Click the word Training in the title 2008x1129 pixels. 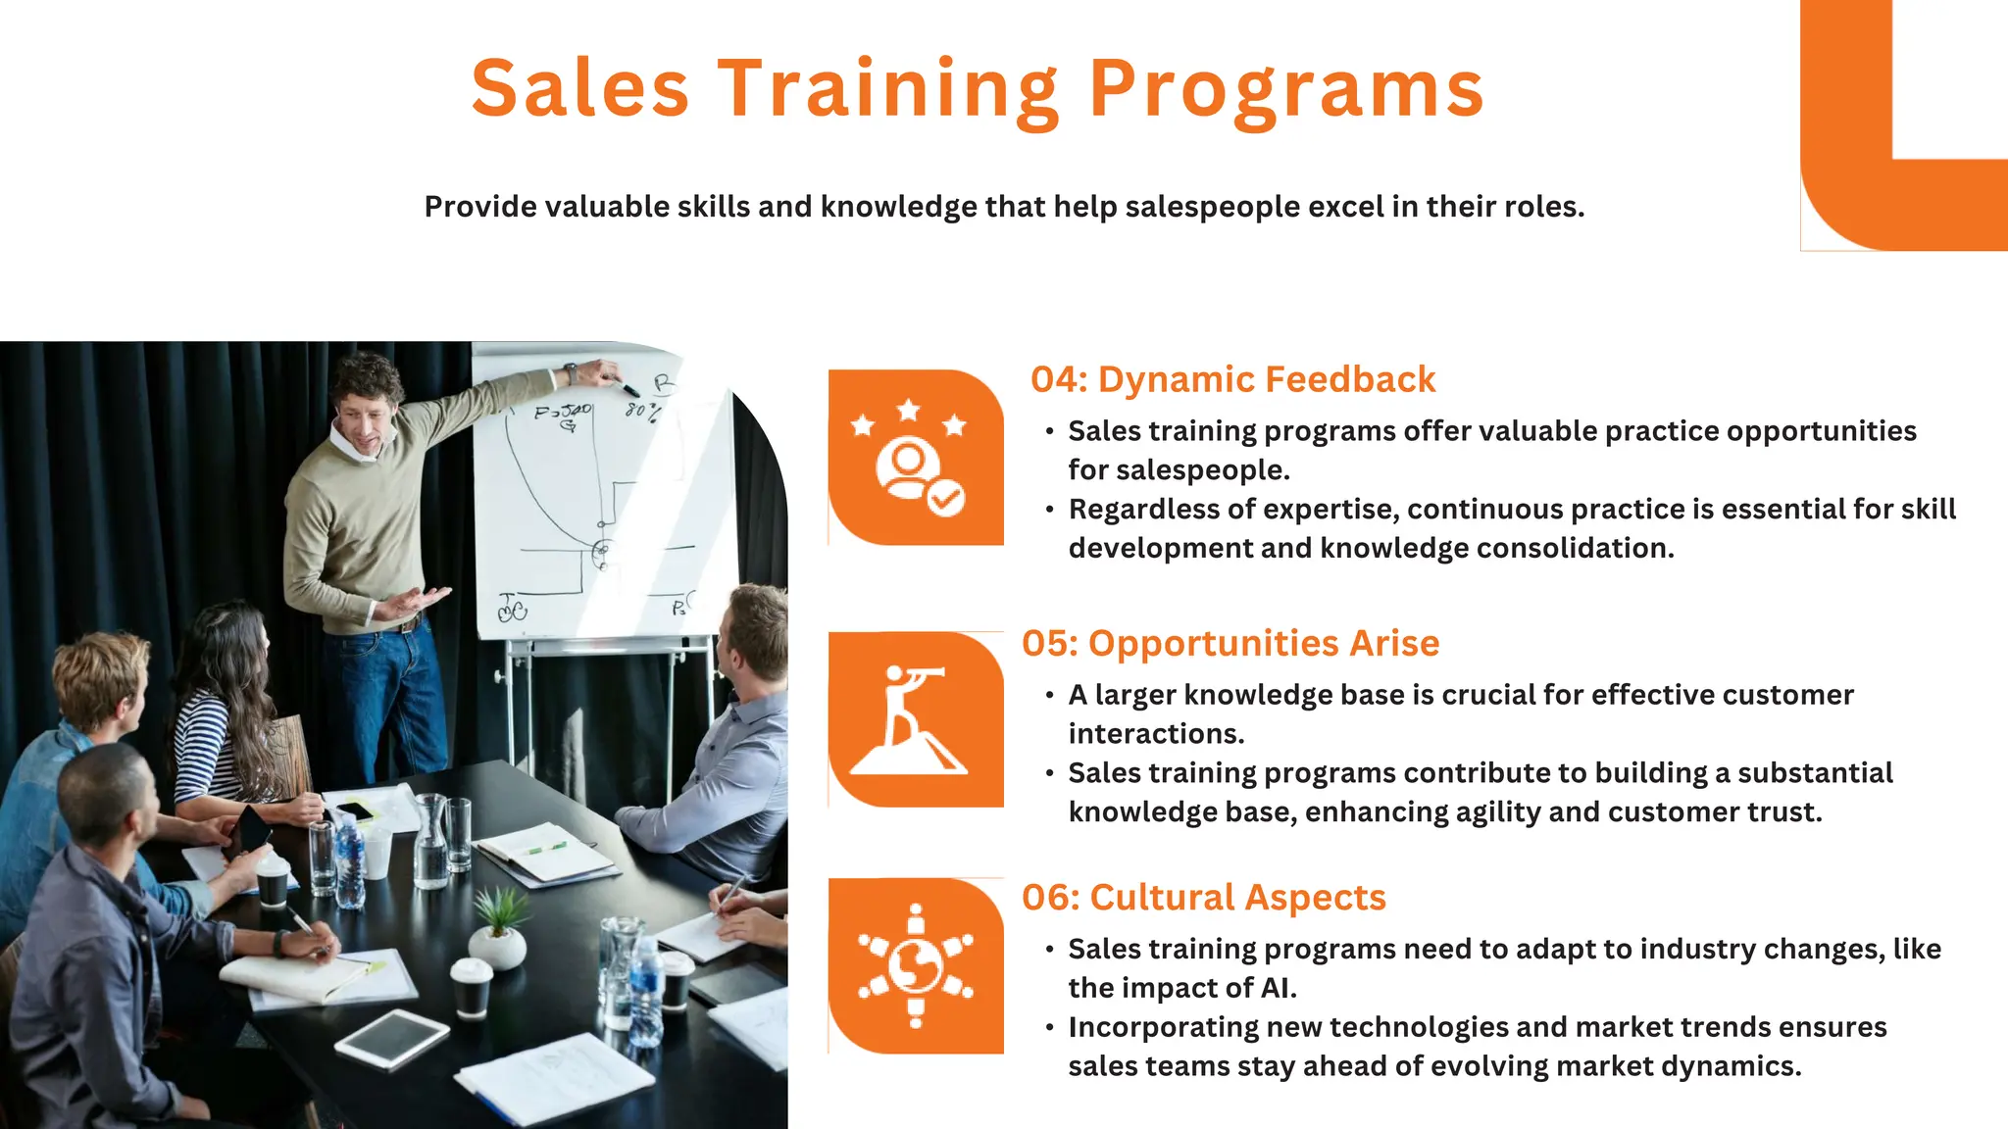pos(888,90)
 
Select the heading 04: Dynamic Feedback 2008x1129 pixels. pos(1232,379)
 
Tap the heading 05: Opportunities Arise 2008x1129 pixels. pos(1230,643)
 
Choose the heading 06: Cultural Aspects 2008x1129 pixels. pos(1203,897)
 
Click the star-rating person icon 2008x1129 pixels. pos(915,457)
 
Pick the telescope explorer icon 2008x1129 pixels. pos(915,719)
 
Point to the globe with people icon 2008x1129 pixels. pos(915,965)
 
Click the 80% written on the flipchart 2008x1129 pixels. pos(642,410)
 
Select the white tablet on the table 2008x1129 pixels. pos(392,1037)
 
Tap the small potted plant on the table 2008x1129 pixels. pos(498,926)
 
